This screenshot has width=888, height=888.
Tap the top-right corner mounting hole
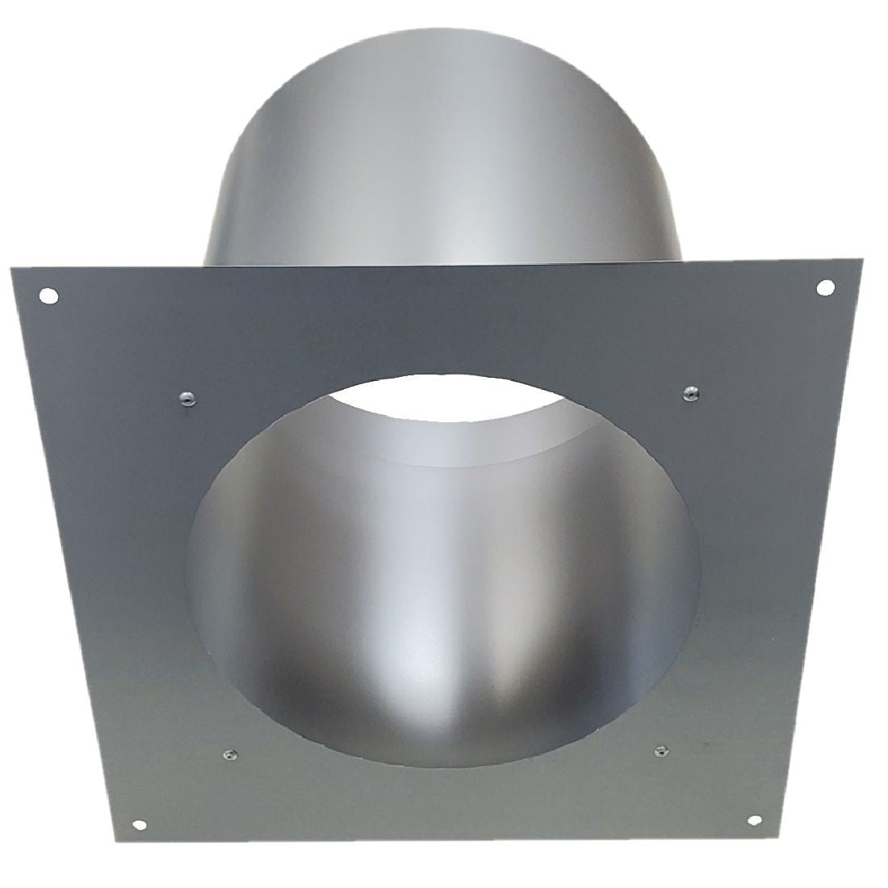pyautogui.click(x=826, y=287)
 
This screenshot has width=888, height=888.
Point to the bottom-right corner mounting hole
pyautogui.click(x=755, y=843)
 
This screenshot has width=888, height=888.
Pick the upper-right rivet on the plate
pyautogui.click(x=690, y=392)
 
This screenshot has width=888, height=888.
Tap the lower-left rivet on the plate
pyautogui.click(x=227, y=755)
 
